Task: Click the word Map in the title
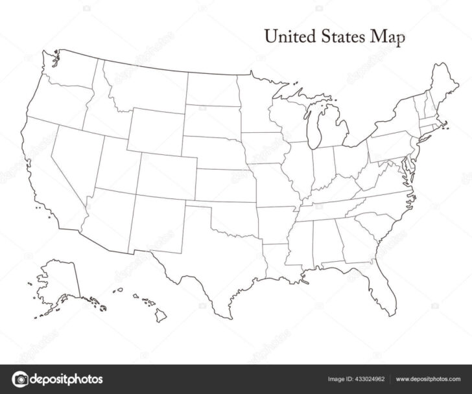[387, 38]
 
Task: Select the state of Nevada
[78, 152]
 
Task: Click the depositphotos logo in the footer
[58, 378]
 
